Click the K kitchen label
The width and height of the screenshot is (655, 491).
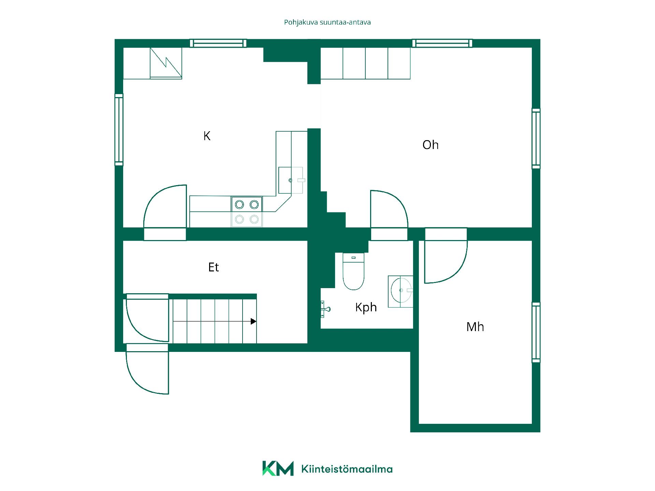[x=207, y=136]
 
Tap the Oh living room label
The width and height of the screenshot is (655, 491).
[x=431, y=145]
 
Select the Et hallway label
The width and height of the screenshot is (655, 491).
[x=214, y=267]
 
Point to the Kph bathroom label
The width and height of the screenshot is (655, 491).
[x=366, y=307]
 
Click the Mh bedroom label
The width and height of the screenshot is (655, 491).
[x=475, y=327]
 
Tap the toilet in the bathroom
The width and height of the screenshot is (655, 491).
[x=353, y=271]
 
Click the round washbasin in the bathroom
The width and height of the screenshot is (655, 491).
[x=402, y=291]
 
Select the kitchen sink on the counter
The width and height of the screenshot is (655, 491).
[x=291, y=180]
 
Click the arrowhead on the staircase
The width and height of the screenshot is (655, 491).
[x=253, y=321]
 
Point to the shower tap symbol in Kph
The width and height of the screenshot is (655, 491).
[x=325, y=309]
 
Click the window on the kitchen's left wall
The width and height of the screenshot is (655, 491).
[x=119, y=130]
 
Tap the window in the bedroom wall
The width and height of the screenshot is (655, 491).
[x=536, y=332]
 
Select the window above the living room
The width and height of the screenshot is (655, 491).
[x=442, y=43]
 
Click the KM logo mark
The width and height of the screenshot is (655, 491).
[x=278, y=468]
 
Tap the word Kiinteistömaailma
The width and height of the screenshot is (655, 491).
[x=347, y=469]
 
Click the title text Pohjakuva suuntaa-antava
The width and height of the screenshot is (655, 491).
[x=327, y=23]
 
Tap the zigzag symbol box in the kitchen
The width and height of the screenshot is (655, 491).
[x=166, y=63]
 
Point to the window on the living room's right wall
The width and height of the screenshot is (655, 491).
[x=536, y=138]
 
